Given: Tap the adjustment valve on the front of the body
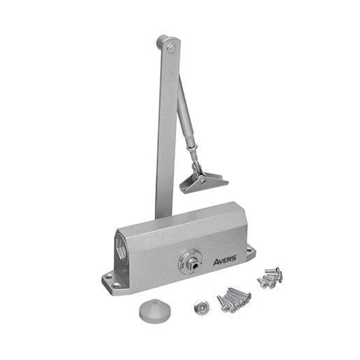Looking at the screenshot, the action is (x=193, y=264).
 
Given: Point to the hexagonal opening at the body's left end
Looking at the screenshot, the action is (x=121, y=248).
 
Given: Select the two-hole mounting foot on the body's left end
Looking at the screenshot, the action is (x=113, y=282).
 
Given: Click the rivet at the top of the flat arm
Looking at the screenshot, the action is (x=172, y=48).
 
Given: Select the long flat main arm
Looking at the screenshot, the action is (x=167, y=129).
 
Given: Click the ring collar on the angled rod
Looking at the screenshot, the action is (x=193, y=147).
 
